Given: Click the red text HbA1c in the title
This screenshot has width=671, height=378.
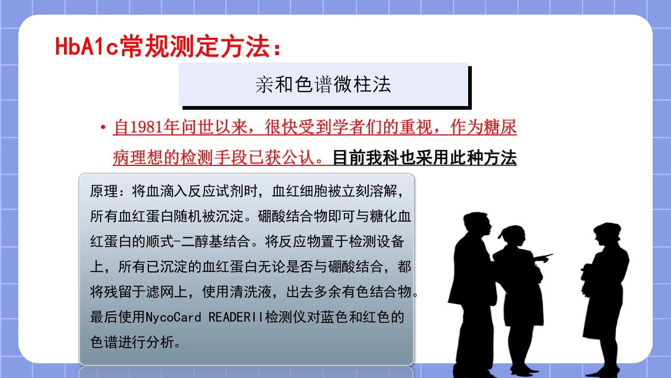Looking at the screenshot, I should (x=86, y=46).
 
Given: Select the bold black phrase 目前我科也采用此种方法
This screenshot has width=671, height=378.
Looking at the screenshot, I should (x=425, y=158).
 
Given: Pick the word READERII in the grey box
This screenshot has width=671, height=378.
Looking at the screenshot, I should (x=236, y=318).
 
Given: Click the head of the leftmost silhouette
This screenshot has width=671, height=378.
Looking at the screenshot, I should (x=475, y=225).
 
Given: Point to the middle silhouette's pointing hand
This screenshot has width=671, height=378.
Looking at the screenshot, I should (x=546, y=257).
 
